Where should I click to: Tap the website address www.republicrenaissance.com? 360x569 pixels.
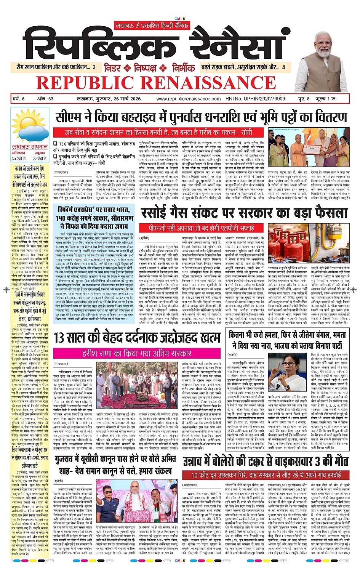[188, 99]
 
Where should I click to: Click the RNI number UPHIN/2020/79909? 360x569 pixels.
[255, 99]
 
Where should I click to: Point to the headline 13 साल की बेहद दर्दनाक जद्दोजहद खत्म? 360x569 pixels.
[137, 338]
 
